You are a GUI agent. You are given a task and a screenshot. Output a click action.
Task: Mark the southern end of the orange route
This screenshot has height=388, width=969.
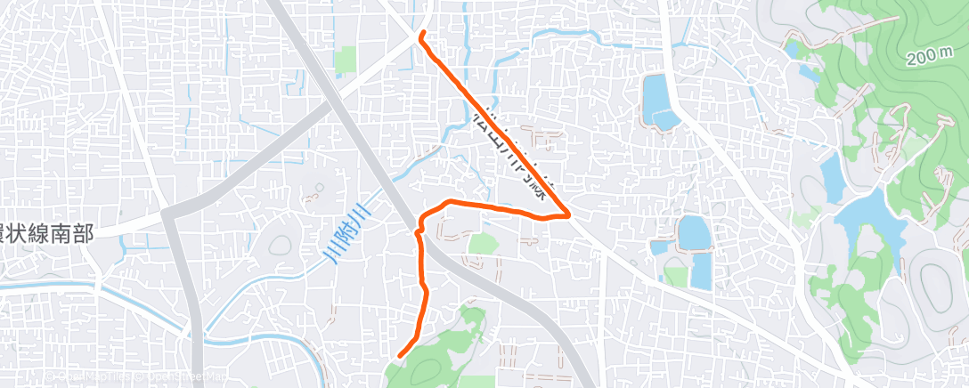399,356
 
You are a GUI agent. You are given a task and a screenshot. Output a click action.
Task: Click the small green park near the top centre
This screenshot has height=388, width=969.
346,61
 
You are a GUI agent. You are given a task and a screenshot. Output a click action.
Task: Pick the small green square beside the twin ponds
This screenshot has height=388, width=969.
676,277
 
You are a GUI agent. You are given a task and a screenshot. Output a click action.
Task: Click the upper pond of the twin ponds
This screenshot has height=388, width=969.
693,233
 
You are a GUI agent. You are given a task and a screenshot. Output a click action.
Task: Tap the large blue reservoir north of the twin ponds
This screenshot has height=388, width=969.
657,101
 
